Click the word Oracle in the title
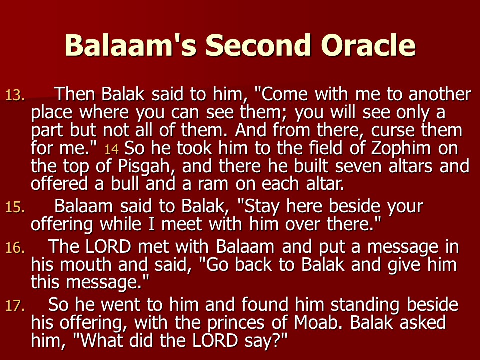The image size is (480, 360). (x=368, y=45)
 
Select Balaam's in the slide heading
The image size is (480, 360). (x=130, y=45)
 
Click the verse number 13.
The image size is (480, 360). (x=15, y=95)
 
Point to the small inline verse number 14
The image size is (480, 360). (x=111, y=149)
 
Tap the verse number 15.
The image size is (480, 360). (x=15, y=207)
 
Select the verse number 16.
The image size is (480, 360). (x=15, y=248)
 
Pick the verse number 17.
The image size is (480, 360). (x=15, y=306)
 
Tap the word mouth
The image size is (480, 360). (x=86, y=265)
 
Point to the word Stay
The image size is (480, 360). (x=262, y=207)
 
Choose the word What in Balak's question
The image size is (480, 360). (x=102, y=341)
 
